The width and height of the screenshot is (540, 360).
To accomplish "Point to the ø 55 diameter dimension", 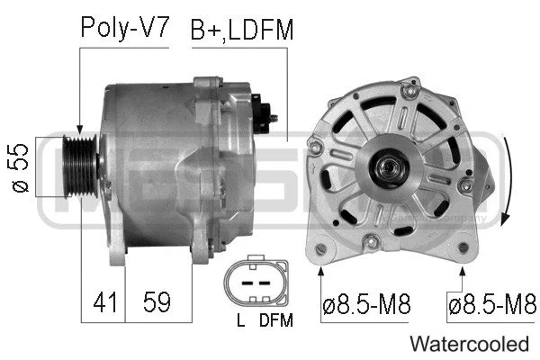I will [x=22, y=168].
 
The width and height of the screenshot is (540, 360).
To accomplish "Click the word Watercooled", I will [x=469, y=343].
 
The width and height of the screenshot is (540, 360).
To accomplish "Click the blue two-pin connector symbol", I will [x=256, y=283].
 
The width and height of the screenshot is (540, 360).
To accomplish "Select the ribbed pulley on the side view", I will [x=81, y=167].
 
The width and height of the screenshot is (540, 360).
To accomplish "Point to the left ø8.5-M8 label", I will [x=365, y=303].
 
